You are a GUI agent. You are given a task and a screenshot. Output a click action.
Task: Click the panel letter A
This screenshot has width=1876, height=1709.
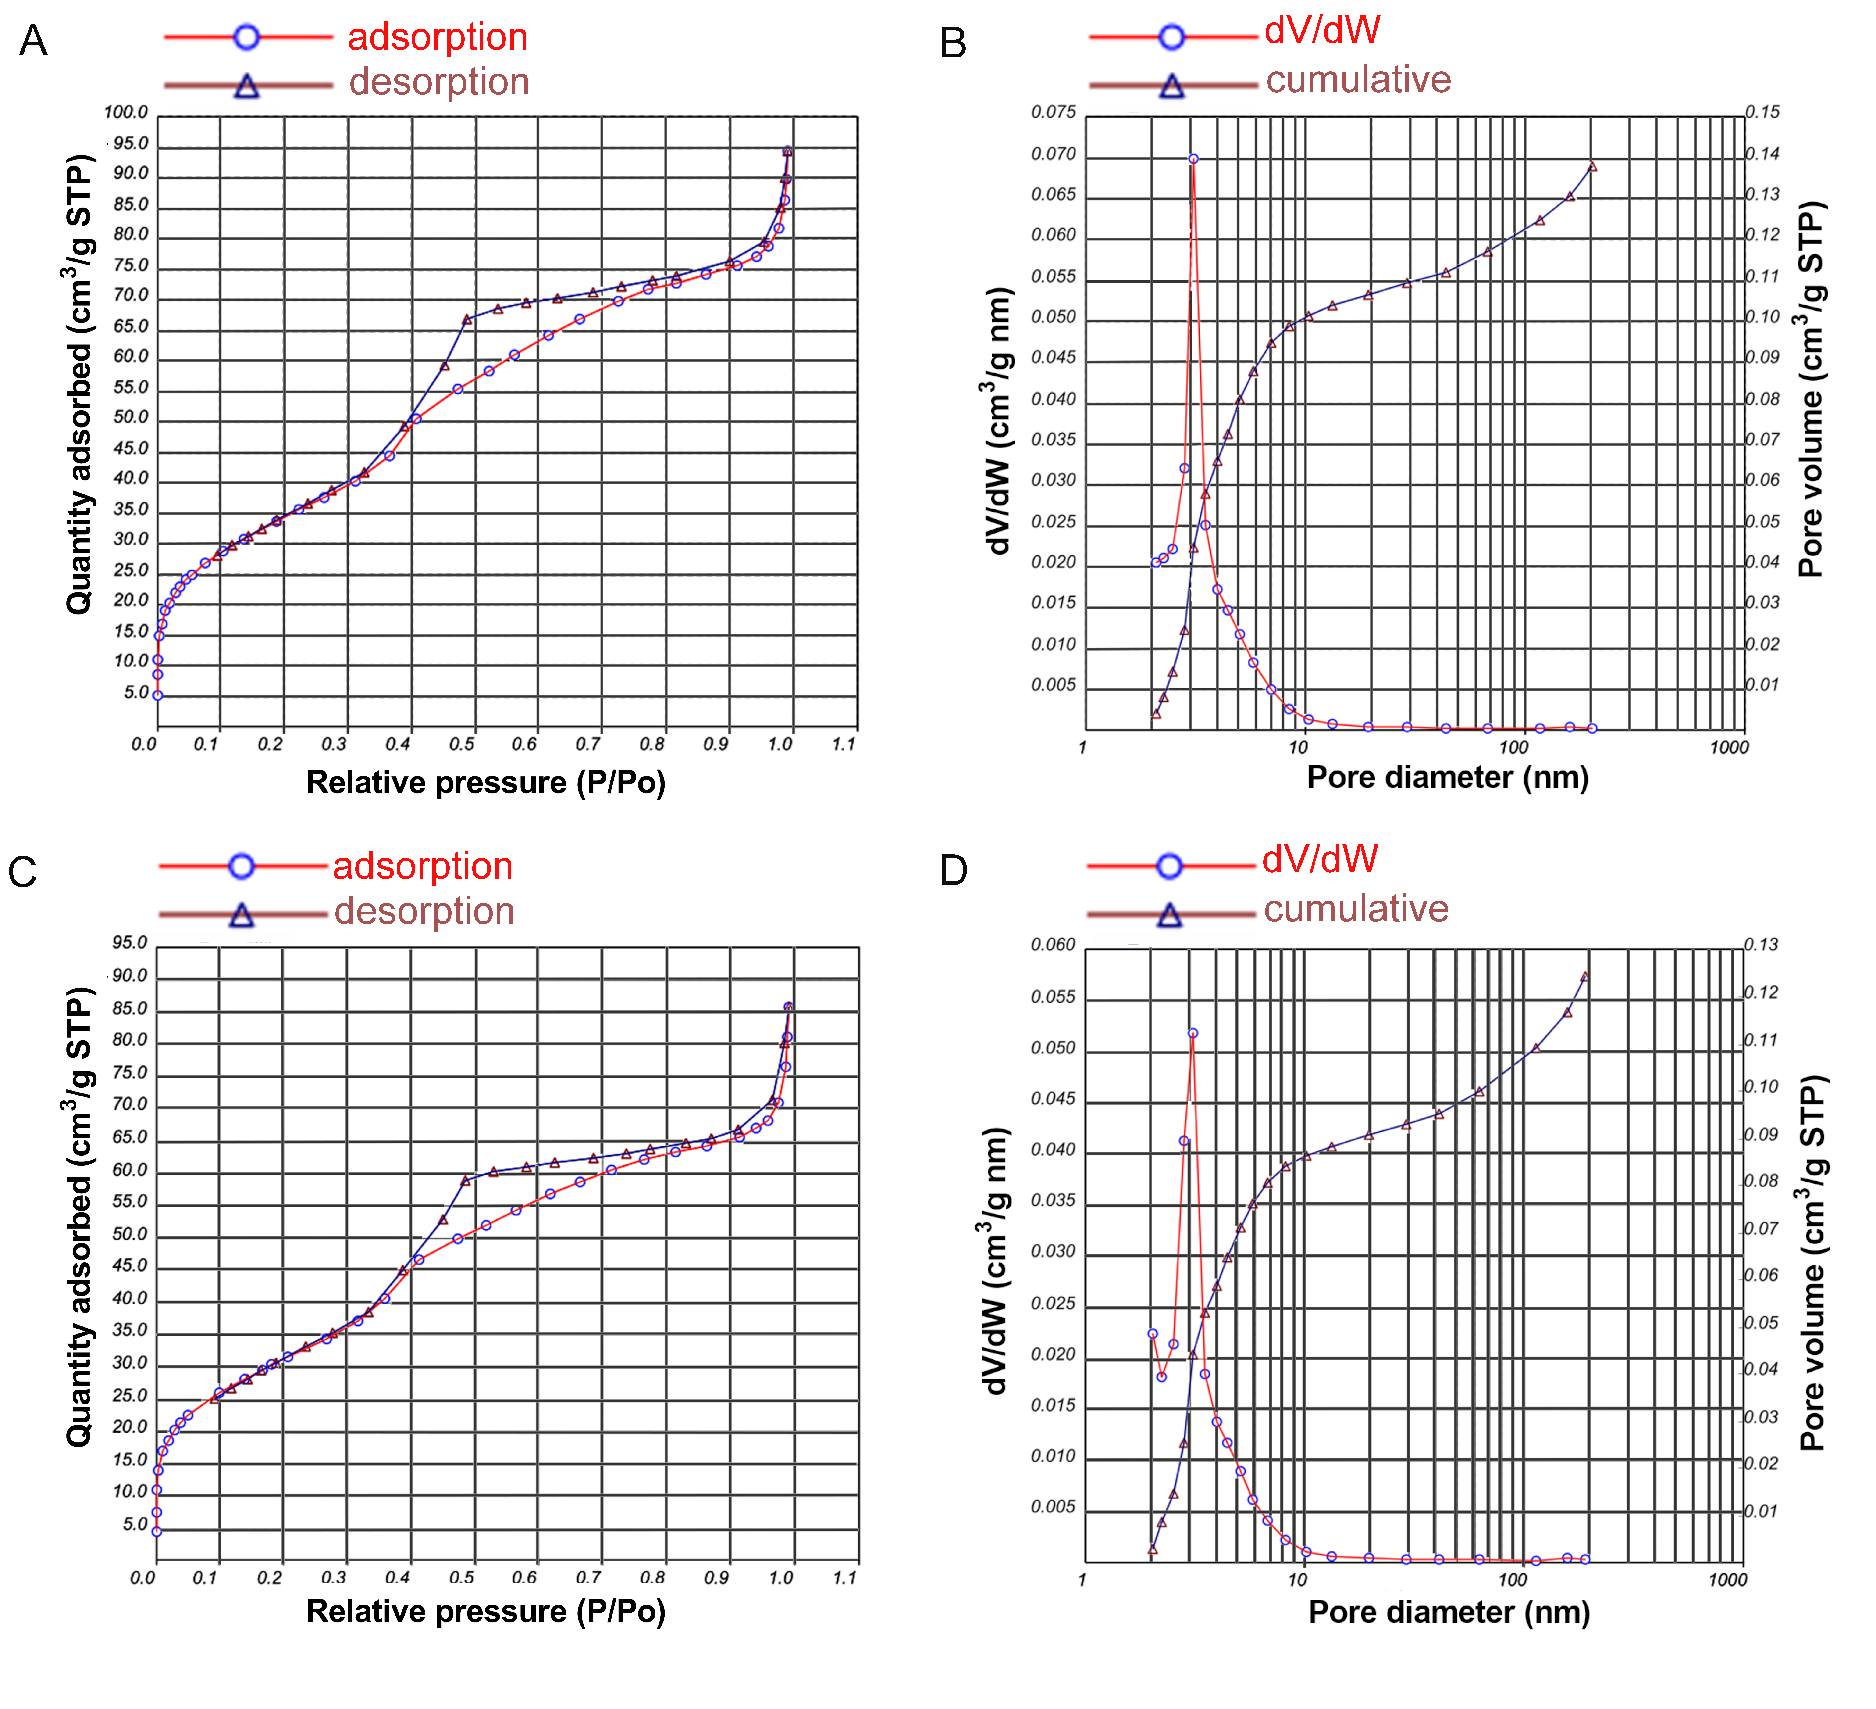33,41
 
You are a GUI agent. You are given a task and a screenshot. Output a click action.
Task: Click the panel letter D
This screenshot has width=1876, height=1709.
954,870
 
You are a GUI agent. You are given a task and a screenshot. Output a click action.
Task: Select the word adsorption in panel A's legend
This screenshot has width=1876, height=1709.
437,37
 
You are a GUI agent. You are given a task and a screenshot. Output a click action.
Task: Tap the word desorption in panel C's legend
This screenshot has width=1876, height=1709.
424,911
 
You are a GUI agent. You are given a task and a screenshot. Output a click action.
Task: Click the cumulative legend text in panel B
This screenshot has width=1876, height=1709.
1359,80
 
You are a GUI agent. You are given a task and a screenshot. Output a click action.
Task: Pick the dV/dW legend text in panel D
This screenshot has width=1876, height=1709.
1320,859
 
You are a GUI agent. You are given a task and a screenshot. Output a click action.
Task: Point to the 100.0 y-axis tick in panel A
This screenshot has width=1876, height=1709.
126,113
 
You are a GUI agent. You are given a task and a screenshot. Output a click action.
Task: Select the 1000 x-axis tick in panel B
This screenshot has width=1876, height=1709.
1729,746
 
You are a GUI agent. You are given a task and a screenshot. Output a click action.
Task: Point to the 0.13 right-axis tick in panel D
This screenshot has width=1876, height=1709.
1761,945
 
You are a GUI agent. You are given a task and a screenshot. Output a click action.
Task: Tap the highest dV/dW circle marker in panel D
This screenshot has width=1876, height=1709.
1193,1033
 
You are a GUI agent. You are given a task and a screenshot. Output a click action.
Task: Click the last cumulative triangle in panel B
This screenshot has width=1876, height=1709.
1592,167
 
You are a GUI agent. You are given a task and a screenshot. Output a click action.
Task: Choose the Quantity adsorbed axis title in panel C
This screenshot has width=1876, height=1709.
79,1217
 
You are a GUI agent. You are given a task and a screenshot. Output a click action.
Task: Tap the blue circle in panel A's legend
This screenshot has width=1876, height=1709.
247,37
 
